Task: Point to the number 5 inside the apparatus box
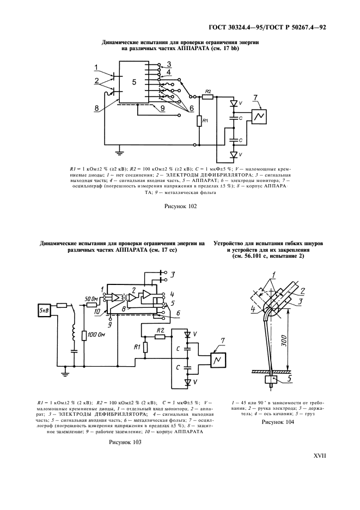[133, 82]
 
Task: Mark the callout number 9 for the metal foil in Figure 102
[162, 107]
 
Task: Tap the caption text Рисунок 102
[180, 206]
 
